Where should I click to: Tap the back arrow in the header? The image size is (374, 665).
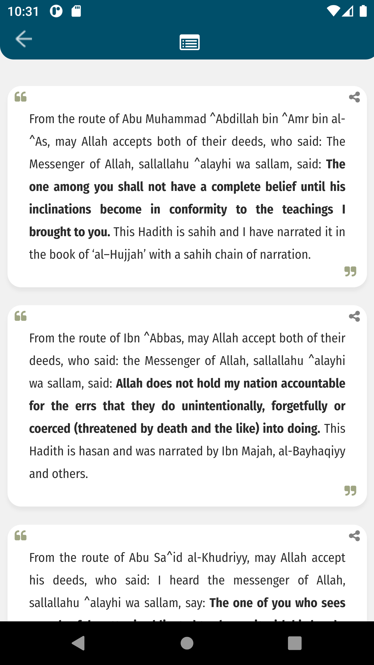point(24,39)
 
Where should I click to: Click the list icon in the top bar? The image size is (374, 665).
point(190,42)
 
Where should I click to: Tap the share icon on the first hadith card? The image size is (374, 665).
point(354,97)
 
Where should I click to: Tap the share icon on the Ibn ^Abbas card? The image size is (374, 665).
point(354,316)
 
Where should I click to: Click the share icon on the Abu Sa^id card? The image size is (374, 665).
point(354,536)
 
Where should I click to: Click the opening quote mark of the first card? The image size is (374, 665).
point(21,97)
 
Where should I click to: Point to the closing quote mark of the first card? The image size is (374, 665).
point(350,271)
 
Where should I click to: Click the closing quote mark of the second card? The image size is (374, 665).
point(350,491)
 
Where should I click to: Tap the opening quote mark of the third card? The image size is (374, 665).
point(21,535)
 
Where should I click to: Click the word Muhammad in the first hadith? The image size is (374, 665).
point(176,119)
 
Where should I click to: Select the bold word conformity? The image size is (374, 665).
point(198,210)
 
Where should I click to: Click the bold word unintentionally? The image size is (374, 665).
point(223,406)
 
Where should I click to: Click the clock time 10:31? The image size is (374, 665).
point(23,12)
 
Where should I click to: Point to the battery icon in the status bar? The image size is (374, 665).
point(363,11)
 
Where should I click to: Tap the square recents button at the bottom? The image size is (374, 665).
point(295,643)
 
